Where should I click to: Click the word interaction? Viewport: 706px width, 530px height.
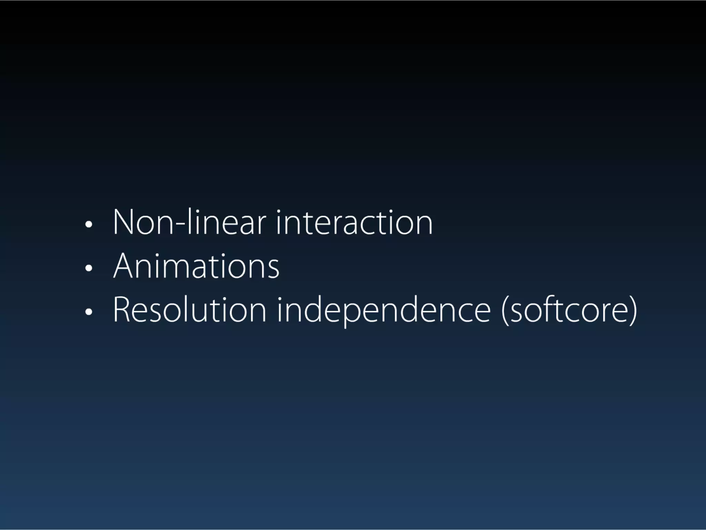point(354,223)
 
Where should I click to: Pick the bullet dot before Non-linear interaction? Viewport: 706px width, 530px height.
point(89,225)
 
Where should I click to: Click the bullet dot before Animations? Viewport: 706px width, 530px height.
point(89,268)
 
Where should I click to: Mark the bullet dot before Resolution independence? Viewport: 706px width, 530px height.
point(89,312)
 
